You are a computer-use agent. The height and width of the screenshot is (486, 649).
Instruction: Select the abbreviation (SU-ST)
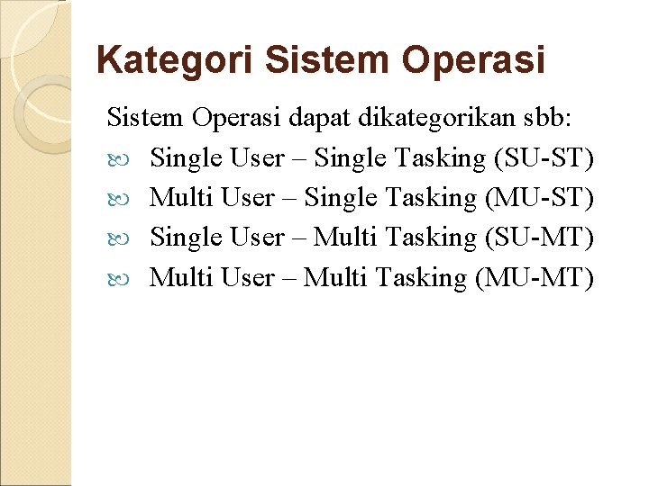pos(544,158)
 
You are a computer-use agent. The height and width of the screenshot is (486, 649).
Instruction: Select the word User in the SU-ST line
pos(257,158)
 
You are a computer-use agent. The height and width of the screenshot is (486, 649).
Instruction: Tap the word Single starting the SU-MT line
pos(187,238)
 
